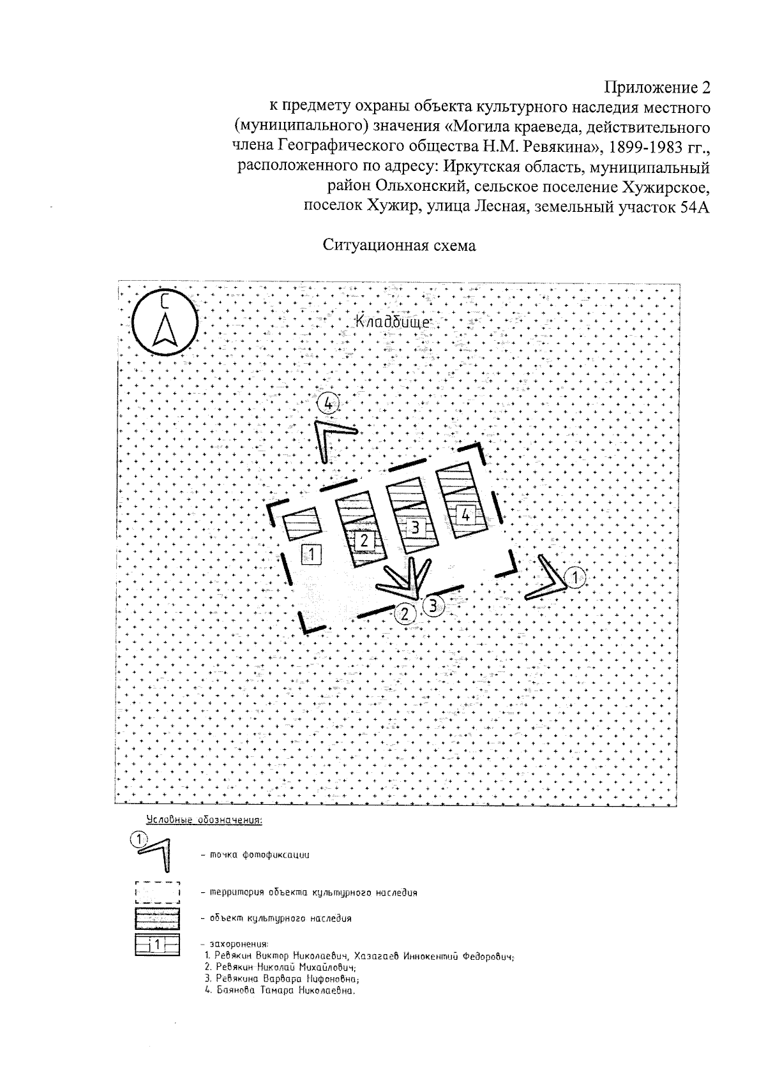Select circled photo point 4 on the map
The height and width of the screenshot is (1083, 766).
point(328,403)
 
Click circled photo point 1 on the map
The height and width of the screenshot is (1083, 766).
point(575,578)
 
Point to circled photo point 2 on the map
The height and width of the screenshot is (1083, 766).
point(404,613)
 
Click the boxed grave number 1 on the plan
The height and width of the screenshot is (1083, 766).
point(311,553)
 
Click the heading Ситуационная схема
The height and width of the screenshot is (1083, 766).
point(399,246)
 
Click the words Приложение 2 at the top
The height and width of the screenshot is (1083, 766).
point(657,87)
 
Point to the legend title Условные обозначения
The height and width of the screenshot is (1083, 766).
point(204,820)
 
